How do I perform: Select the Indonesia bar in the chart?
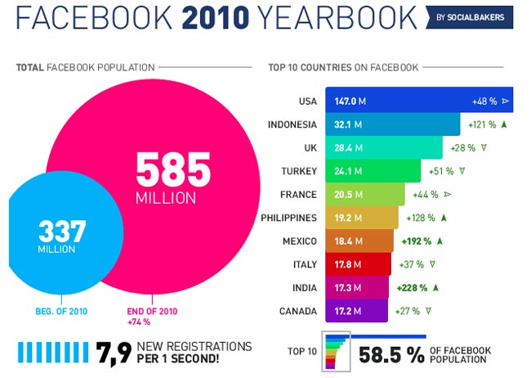coord(392,124)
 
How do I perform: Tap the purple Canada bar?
coord(360,312)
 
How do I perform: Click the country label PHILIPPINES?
coord(289,218)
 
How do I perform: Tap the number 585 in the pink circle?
coord(172,169)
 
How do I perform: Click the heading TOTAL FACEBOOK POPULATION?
coord(85,67)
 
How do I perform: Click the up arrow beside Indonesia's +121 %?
coord(504,124)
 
